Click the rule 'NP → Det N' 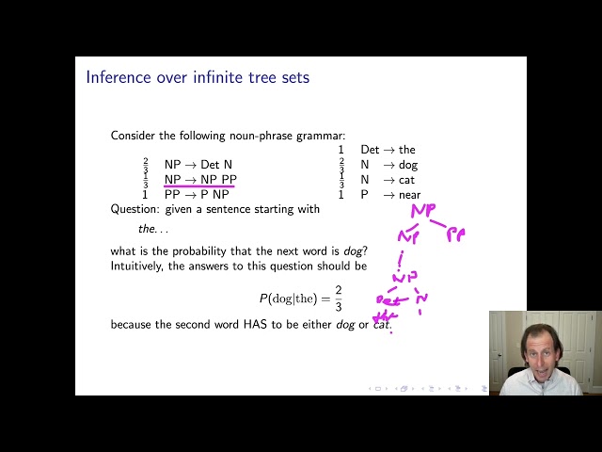[x=198, y=165]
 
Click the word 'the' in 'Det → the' [x=406, y=150]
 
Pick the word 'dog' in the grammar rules [x=407, y=165]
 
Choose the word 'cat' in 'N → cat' [x=406, y=180]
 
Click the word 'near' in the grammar [x=409, y=195]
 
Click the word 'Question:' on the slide [x=137, y=209]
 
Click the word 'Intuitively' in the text [x=139, y=265]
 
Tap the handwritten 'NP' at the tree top [x=423, y=211]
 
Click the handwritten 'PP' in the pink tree [x=455, y=234]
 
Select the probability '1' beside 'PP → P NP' [x=145, y=195]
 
